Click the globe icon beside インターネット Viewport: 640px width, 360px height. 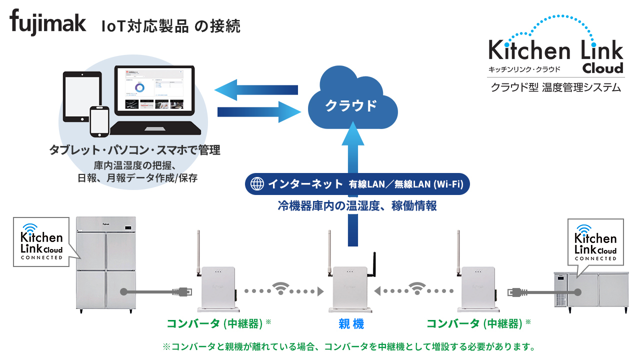[257, 184]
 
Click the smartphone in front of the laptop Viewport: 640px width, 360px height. [99, 121]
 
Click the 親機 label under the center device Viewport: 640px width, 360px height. [351, 324]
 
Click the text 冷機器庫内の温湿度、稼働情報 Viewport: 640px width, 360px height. [357, 206]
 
